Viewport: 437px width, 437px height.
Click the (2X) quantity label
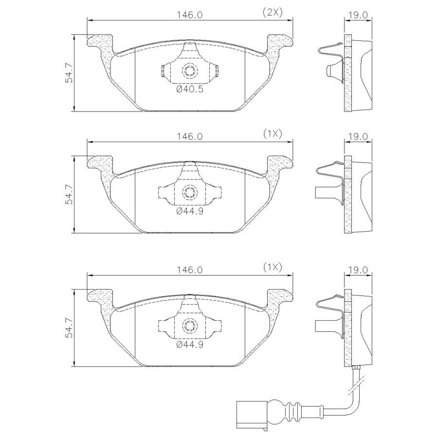point(273,12)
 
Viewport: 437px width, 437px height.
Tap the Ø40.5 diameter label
point(190,89)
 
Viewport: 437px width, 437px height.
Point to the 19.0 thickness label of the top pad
point(358,15)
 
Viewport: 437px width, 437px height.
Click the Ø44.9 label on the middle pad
point(190,211)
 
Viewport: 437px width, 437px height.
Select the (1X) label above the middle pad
point(273,134)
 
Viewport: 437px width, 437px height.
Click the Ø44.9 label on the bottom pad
point(190,345)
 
